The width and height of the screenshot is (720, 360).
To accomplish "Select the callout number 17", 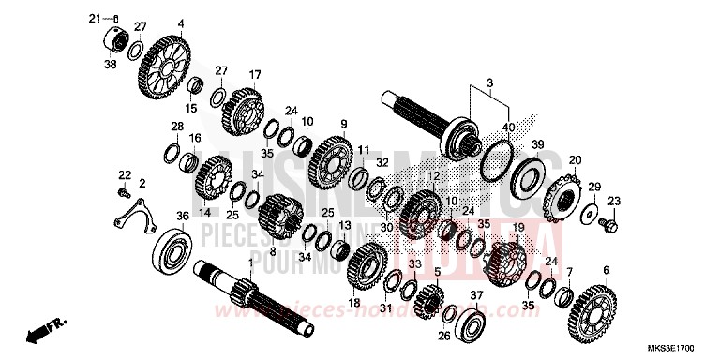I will pos(254,75).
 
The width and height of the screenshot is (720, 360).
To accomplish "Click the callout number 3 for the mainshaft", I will pos(487,84).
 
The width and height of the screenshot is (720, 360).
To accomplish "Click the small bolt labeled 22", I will pos(123,193).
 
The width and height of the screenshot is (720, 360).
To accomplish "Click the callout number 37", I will pos(476,295).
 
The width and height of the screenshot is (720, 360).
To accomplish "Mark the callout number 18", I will pos(353,303).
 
